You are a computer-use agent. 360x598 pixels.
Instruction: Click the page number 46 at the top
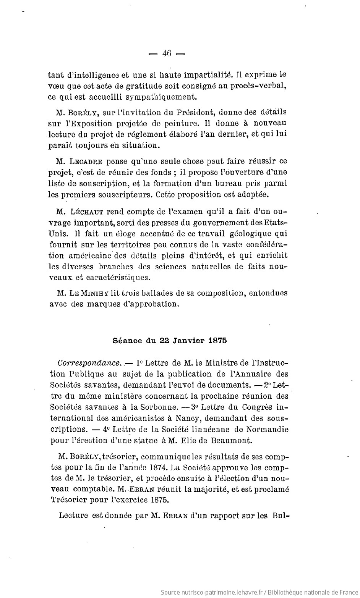(x=167, y=53)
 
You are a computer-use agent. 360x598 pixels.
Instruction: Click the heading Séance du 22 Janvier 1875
(x=170, y=341)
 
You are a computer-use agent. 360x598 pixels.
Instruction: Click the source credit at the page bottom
(x=259, y=592)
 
